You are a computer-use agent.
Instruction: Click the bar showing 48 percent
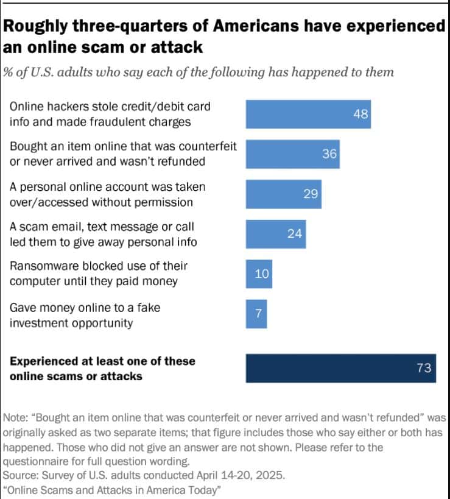[x=308, y=114]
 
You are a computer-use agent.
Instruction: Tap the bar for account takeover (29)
[x=283, y=194]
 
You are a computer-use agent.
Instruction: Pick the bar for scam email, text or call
[x=276, y=233]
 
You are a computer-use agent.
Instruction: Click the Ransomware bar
[x=259, y=274]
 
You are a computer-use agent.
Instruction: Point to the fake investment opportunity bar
[x=256, y=314]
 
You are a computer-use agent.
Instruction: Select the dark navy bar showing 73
[x=341, y=368]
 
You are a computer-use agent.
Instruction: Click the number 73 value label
[x=424, y=368]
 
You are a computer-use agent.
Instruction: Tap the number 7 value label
[x=258, y=314]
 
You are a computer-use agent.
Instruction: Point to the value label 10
[x=262, y=274]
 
